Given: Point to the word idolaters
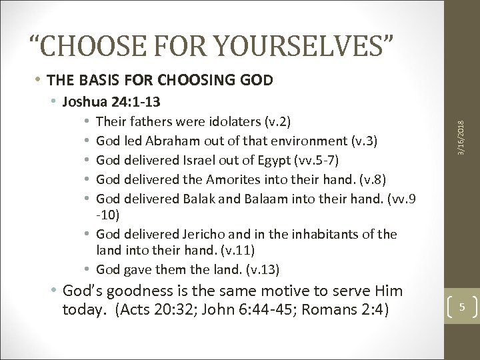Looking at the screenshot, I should [215, 123].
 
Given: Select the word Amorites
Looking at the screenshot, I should [216, 179].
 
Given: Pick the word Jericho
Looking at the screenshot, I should [201, 234].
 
